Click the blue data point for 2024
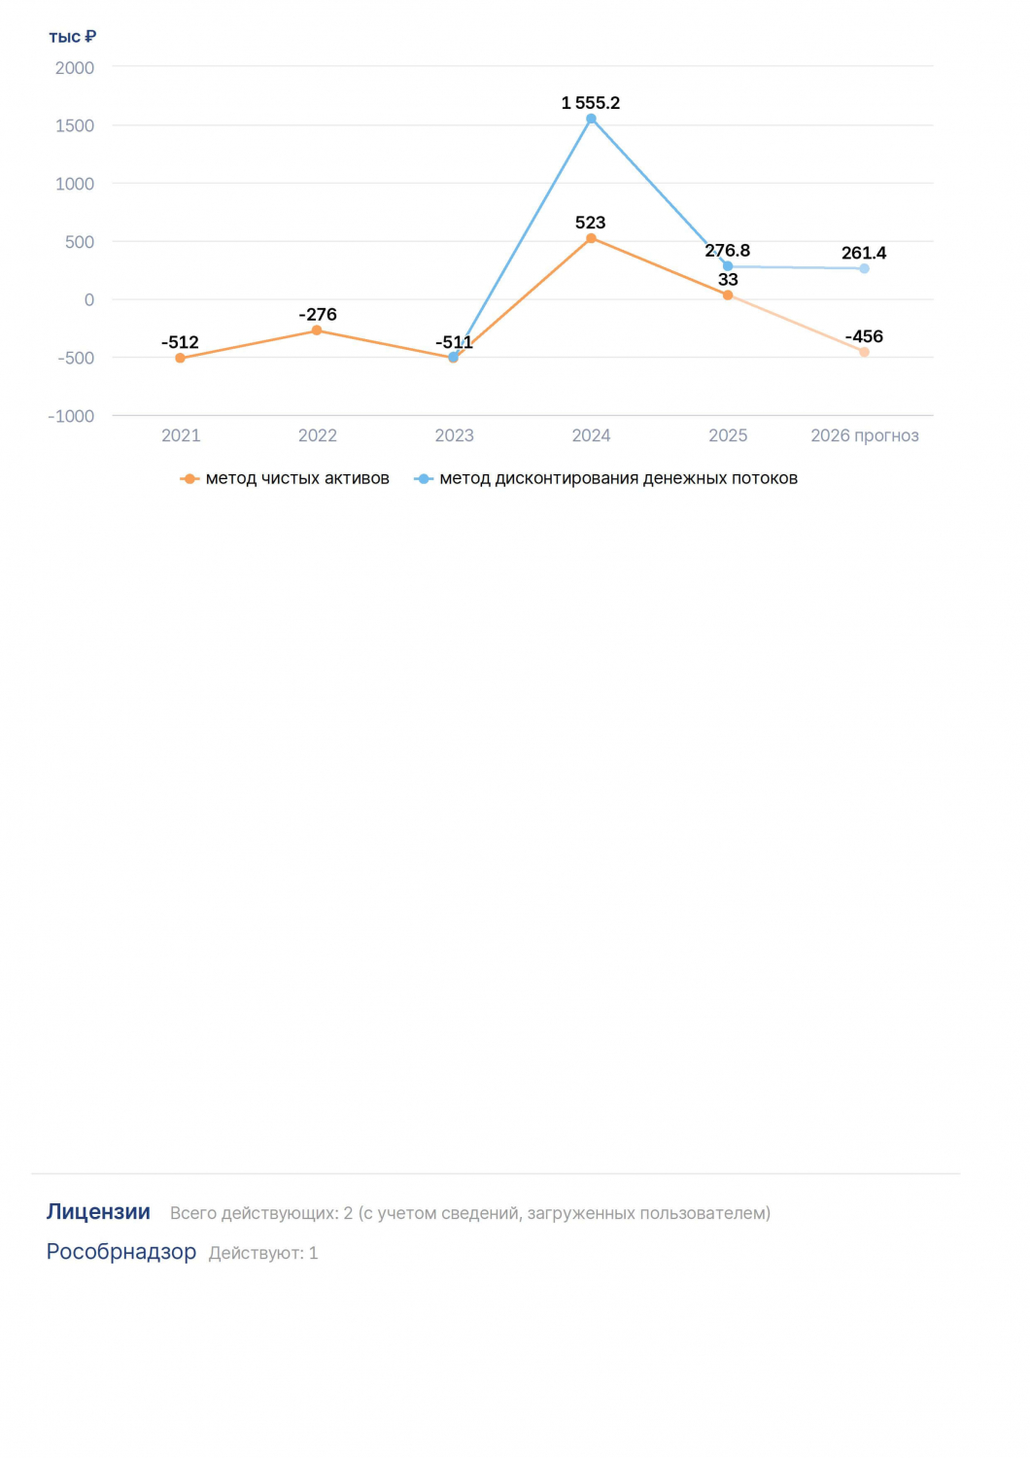click(x=591, y=119)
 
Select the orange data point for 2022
click(x=317, y=330)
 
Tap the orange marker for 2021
click(x=180, y=358)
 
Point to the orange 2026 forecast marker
click(x=864, y=352)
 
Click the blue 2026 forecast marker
click(x=864, y=268)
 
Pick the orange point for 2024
click(x=591, y=239)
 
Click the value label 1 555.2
click(x=590, y=103)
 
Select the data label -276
click(x=318, y=314)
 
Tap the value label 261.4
click(x=864, y=253)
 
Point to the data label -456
click(x=864, y=336)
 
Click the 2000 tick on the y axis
click(x=75, y=68)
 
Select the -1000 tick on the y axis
click(x=71, y=416)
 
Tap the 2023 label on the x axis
click(x=454, y=435)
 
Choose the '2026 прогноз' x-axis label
click(x=864, y=435)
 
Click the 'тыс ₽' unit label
click(x=72, y=37)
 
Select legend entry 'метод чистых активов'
click(x=285, y=478)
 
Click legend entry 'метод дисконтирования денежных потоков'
click(x=605, y=478)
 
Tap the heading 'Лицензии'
click(x=98, y=1211)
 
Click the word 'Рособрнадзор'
click(x=121, y=1252)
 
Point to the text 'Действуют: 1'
click(x=263, y=1253)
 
